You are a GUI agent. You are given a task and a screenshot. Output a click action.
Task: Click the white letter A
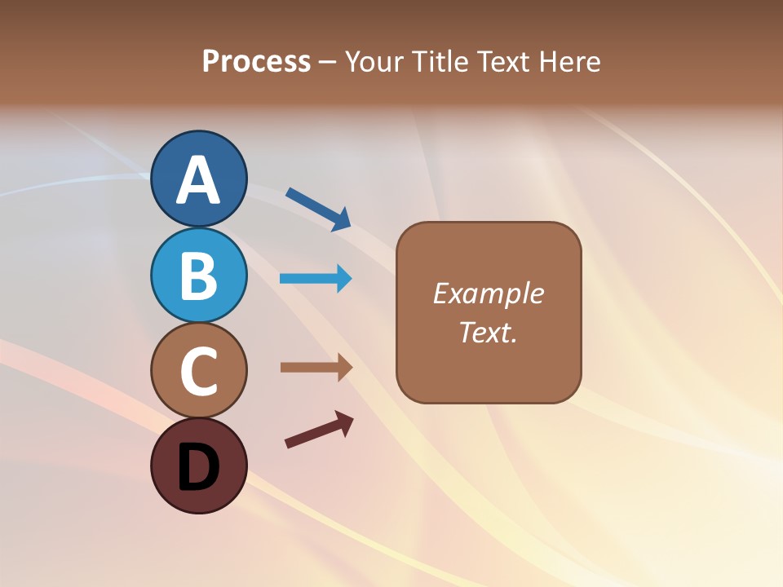coord(198,180)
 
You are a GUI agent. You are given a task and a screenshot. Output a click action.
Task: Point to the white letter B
coord(198,276)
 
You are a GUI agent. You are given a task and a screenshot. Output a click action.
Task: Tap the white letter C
coord(198,371)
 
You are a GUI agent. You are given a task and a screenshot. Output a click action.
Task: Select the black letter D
coord(198,467)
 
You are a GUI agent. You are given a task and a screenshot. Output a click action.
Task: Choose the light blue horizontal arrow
coord(316,279)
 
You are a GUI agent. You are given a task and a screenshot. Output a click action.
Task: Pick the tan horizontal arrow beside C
coord(316,368)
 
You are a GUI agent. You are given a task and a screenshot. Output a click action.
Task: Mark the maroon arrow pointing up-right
coord(319,430)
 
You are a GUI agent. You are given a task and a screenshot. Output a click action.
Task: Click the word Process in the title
coord(256,62)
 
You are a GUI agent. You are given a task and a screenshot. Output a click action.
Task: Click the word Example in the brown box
coord(488,293)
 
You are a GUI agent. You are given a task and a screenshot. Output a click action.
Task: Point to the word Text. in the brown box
coord(488,332)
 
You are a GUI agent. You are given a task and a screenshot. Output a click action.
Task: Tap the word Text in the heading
coord(502,62)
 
